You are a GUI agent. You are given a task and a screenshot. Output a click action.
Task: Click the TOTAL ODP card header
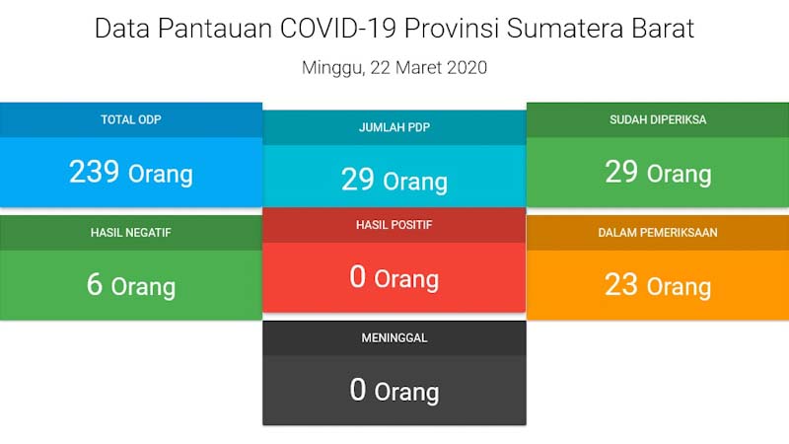130,120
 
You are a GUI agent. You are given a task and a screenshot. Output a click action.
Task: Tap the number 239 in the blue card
93,173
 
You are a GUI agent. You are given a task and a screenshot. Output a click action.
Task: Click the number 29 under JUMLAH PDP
357,181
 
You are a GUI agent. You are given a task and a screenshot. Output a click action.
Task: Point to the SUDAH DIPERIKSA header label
658,120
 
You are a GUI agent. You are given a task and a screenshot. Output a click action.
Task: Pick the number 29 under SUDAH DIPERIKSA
621,173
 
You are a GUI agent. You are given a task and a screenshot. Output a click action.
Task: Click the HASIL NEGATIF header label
130,233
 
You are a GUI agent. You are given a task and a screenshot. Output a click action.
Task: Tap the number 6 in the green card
95,285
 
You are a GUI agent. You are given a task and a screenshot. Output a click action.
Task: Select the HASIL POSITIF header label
394,225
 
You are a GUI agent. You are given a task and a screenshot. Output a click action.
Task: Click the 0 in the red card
358,277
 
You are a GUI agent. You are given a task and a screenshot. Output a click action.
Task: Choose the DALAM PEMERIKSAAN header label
658,233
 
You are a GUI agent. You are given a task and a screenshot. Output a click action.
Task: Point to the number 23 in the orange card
621,285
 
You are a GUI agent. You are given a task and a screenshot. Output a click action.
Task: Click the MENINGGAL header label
394,337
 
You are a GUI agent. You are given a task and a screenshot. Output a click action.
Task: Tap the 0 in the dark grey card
358,390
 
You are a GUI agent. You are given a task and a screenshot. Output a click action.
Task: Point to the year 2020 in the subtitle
467,68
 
